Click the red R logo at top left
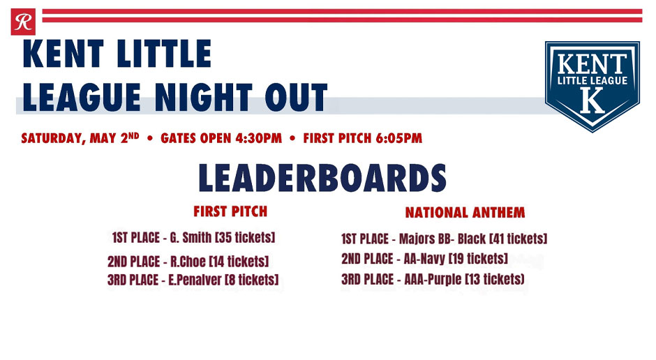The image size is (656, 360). pyautogui.click(x=23, y=23)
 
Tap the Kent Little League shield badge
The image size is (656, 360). pyautogui.click(x=592, y=85)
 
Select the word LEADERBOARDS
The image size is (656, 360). pyautogui.click(x=322, y=179)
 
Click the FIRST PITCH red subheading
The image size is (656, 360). pyautogui.click(x=230, y=211)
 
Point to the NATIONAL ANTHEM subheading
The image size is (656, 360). pyautogui.click(x=465, y=212)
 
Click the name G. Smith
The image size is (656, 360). pyautogui.click(x=191, y=238)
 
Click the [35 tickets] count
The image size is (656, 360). pyautogui.click(x=245, y=238)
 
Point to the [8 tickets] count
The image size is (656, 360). pyautogui.click(x=251, y=280)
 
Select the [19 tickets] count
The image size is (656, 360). pyautogui.click(x=478, y=259)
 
